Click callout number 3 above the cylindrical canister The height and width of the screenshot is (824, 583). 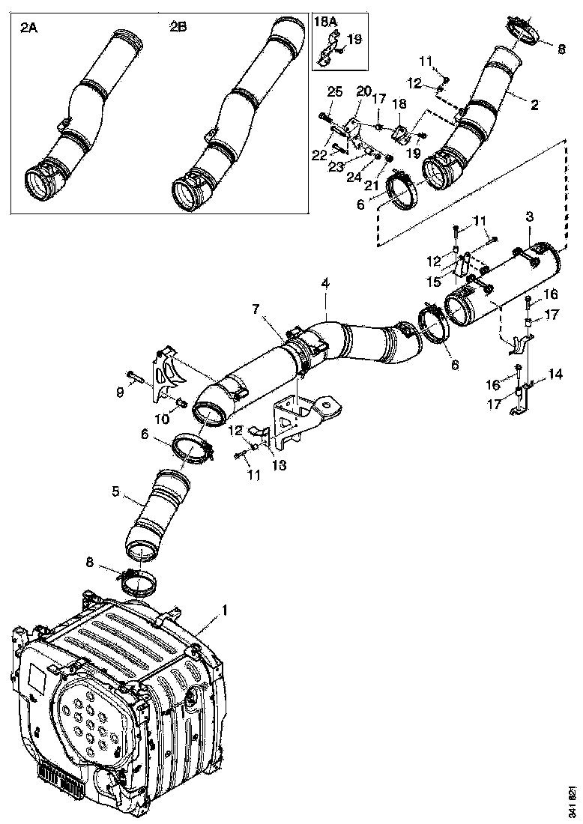529,216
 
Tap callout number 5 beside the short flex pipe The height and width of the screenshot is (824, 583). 116,493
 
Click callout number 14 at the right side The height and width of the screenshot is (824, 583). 555,372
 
